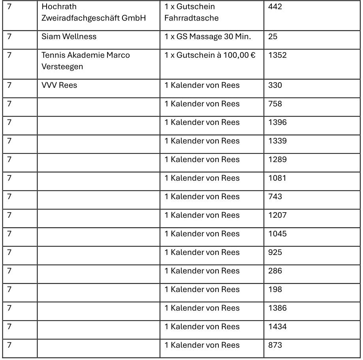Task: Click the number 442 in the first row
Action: [275, 7]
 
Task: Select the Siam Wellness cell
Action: [69, 37]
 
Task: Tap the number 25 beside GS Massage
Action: [273, 37]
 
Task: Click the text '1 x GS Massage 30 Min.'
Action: [208, 37]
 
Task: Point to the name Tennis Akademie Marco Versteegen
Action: [86, 61]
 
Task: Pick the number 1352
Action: [277, 55]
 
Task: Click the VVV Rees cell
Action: [59, 85]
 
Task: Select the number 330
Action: [275, 85]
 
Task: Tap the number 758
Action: [275, 104]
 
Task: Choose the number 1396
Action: [277, 123]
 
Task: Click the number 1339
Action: [277, 141]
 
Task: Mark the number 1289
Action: [277, 160]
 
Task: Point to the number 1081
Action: [277, 178]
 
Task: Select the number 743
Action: [275, 197]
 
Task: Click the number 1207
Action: [277, 215]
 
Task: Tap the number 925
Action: [275, 252]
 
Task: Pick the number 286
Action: [275, 271]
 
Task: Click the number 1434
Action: [277, 326]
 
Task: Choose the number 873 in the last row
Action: [275, 345]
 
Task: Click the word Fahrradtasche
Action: [192, 18]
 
